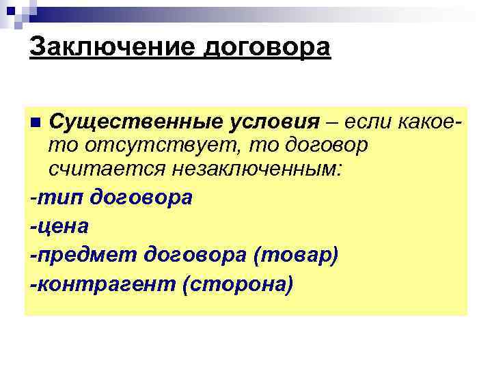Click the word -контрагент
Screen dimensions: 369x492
(102, 283)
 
